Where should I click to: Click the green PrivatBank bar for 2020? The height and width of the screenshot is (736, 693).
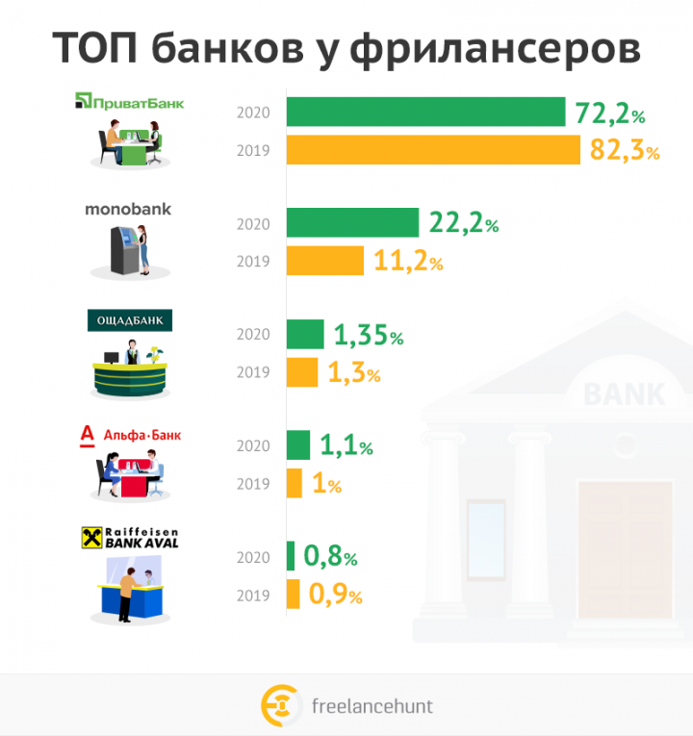(425, 113)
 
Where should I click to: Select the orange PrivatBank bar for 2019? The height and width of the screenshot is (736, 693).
(433, 150)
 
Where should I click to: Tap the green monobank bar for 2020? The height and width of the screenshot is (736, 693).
(352, 223)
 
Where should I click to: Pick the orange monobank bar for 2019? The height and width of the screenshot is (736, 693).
(325, 261)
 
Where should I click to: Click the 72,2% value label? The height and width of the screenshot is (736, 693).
(609, 114)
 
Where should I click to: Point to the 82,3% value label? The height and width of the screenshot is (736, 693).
(624, 151)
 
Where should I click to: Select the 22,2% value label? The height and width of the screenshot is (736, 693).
(464, 224)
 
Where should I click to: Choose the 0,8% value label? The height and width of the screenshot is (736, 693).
(330, 556)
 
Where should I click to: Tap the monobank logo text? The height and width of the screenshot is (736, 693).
(128, 209)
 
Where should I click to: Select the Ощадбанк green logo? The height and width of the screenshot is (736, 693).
(130, 320)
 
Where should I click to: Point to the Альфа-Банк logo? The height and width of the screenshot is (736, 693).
(129, 436)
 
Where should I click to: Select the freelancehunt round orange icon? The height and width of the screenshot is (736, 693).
(280, 705)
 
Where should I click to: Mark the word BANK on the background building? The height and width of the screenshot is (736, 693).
(624, 393)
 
